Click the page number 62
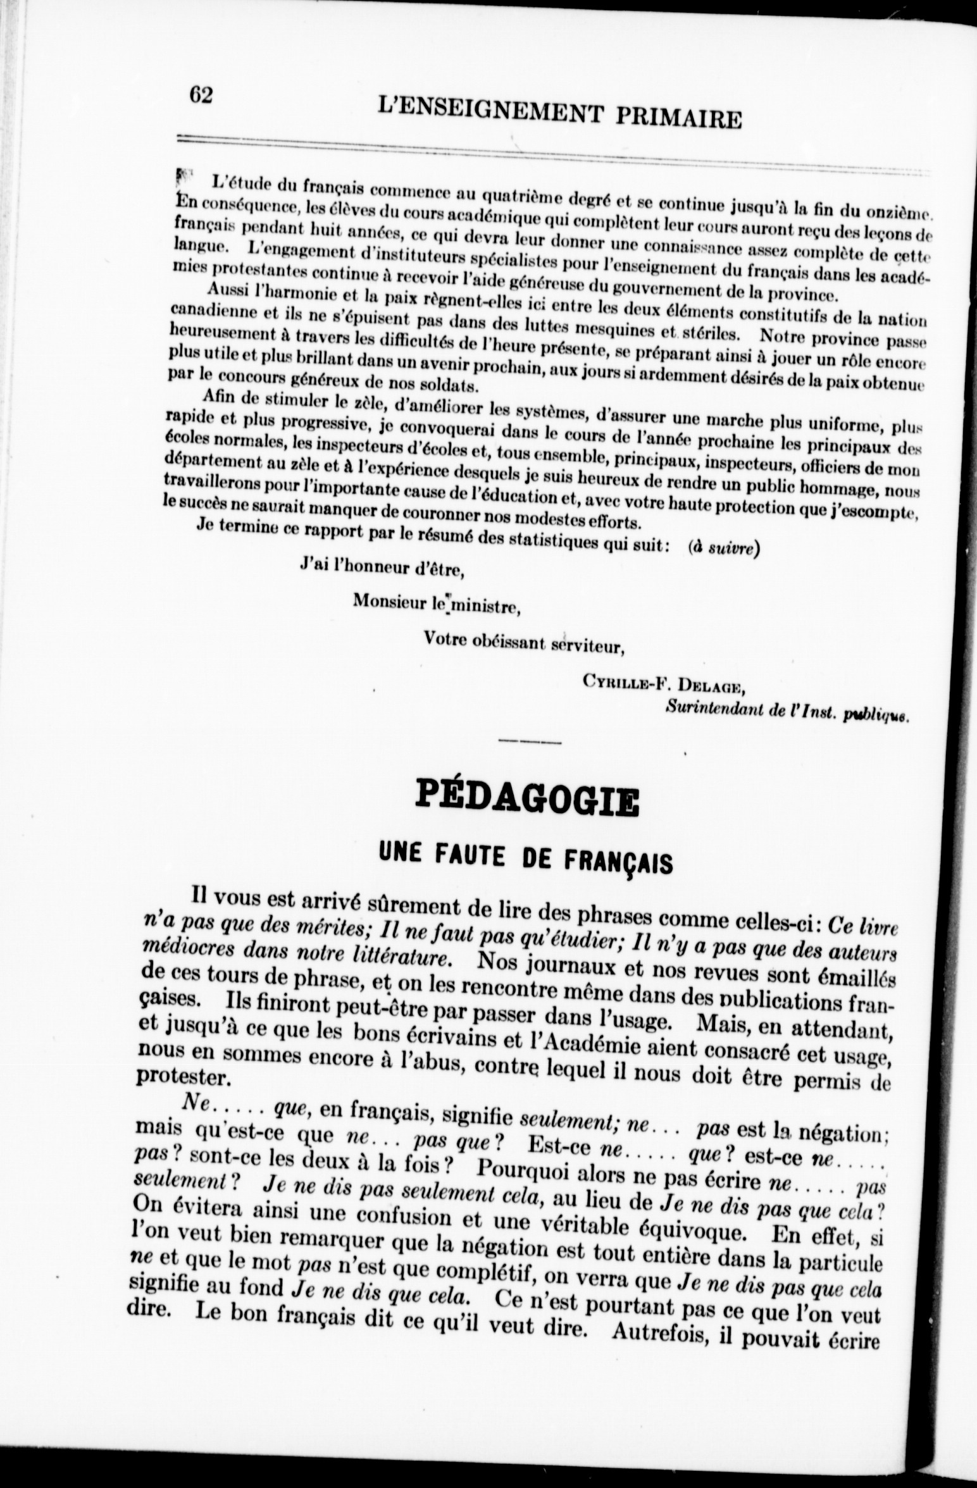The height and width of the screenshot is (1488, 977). pos(200,96)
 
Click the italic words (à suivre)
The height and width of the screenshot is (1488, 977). pos(723,548)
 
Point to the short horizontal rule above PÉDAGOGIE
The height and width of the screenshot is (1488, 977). pos(530,741)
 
